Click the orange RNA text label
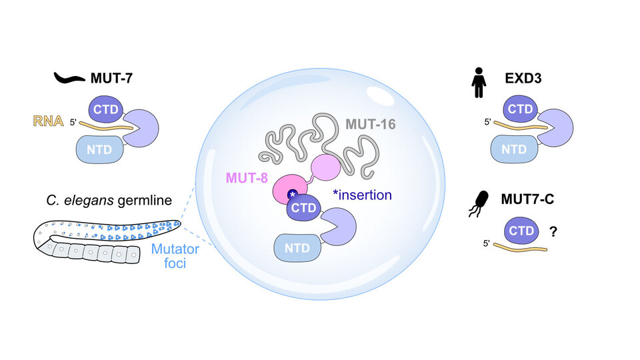[x=48, y=121]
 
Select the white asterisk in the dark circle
[x=291, y=195]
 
